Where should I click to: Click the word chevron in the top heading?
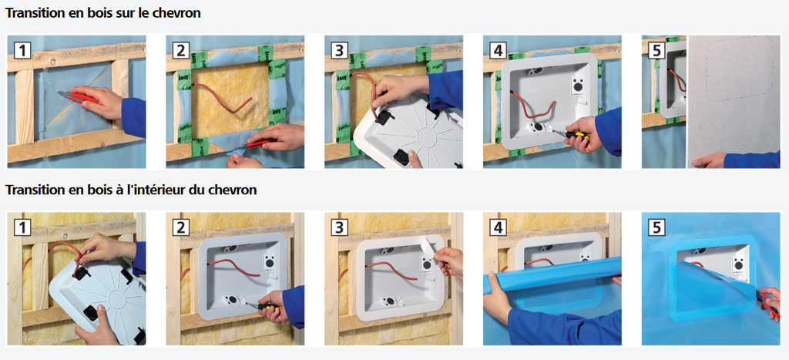[173, 13]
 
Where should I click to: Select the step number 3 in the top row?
[340, 50]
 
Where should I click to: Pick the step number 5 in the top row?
[656, 50]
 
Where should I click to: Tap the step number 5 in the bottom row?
[656, 227]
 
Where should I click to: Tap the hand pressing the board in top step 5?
[709, 160]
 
